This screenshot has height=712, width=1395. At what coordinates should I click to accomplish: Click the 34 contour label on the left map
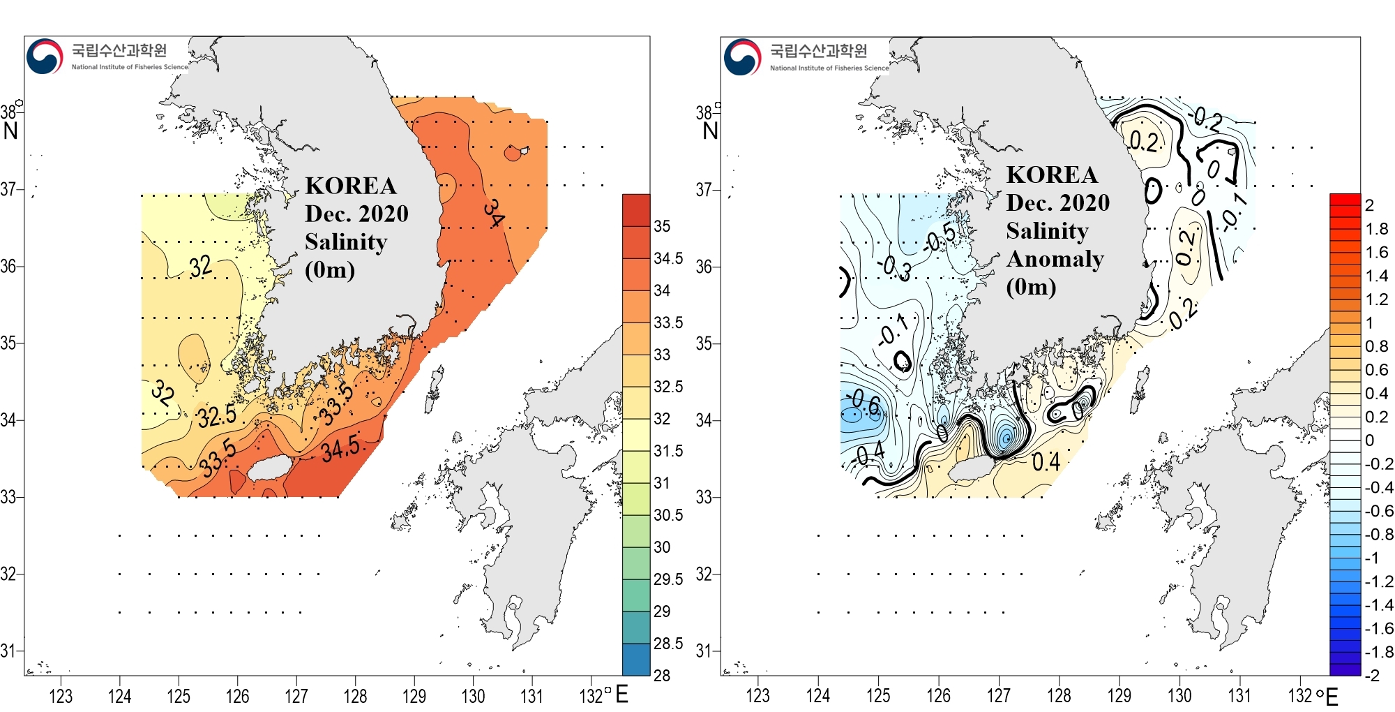point(493,213)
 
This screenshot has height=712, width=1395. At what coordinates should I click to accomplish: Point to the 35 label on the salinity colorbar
point(662,226)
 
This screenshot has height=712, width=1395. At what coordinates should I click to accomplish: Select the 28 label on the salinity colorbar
point(662,675)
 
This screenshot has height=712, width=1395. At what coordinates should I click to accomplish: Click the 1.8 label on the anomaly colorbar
point(1377,229)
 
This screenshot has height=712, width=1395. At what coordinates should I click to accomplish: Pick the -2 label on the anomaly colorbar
point(1372,675)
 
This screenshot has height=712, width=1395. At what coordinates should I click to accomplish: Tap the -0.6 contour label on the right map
point(865,403)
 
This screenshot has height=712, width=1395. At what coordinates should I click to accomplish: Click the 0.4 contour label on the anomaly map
point(1046,461)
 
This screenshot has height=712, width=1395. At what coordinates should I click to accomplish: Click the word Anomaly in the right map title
point(1055,259)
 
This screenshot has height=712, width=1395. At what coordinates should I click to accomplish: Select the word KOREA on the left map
point(351,186)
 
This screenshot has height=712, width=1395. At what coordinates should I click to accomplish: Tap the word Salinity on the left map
point(346,242)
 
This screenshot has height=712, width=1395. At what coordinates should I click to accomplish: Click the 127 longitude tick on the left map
point(296,696)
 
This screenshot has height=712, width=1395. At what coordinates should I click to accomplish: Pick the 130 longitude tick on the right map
point(1179,696)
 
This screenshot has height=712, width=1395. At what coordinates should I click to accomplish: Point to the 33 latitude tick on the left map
point(8,497)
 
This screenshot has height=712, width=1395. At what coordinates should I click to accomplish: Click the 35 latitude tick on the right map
point(704,343)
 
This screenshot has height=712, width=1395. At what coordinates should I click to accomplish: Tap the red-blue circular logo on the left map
point(45,57)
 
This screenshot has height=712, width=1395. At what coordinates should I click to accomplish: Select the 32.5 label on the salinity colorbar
point(668,387)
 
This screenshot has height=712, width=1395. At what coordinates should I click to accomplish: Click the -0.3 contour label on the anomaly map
point(895,267)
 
